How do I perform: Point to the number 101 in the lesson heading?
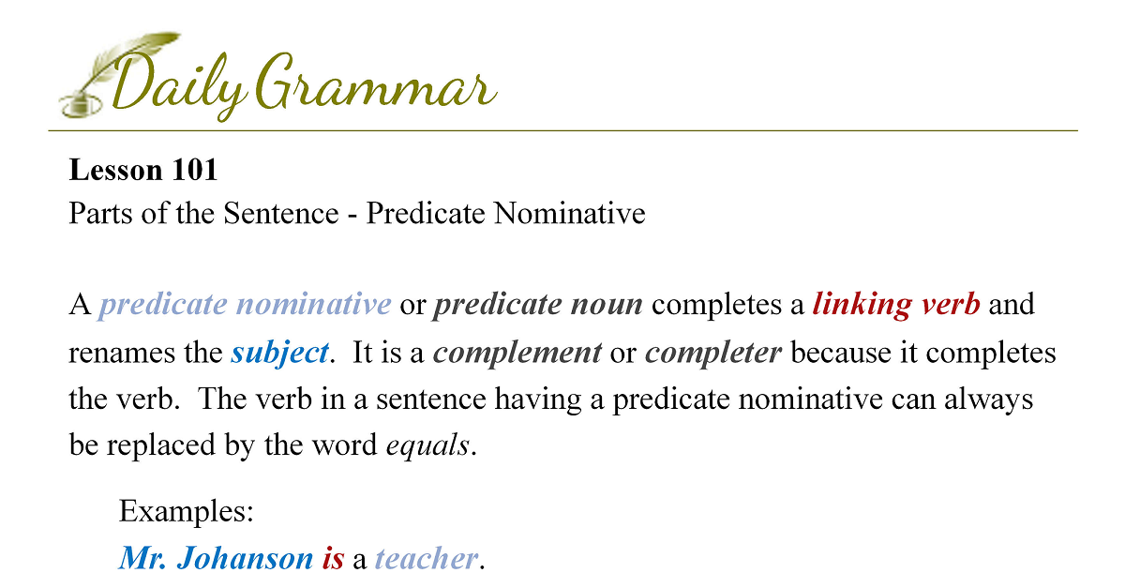194,170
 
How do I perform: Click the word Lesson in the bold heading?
115,170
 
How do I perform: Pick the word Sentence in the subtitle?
280,213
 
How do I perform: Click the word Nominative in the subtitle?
569,213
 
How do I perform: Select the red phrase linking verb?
896,305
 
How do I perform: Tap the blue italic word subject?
279,353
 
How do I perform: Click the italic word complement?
517,353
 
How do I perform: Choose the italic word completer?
713,353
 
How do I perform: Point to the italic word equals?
427,445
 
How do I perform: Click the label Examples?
186,511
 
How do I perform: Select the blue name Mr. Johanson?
216,558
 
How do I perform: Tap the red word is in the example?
333,558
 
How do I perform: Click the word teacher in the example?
427,558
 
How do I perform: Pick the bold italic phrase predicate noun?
538,305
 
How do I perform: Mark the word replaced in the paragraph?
160,445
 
